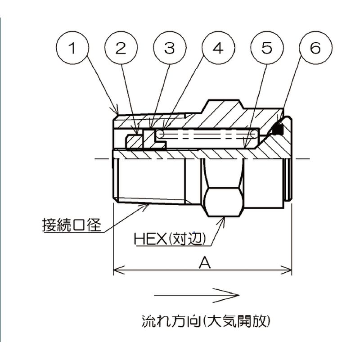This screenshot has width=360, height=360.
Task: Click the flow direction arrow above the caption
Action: point(196,296)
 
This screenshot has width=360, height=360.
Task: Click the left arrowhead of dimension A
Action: point(115,270)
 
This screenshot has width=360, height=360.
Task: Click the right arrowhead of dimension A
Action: point(289,270)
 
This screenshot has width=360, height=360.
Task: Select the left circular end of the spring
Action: point(158,133)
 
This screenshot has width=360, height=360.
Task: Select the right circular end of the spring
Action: point(255,134)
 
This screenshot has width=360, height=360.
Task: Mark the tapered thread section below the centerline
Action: point(148,180)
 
